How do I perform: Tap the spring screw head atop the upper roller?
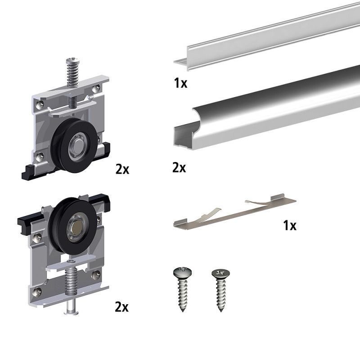coord(73,61)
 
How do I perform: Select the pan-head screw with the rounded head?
coord(183,289)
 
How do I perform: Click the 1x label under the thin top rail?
coord(181,83)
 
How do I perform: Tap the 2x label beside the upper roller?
coord(122,169)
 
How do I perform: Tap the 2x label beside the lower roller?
coord(121,307)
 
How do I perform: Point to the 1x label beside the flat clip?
coord(290,225)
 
